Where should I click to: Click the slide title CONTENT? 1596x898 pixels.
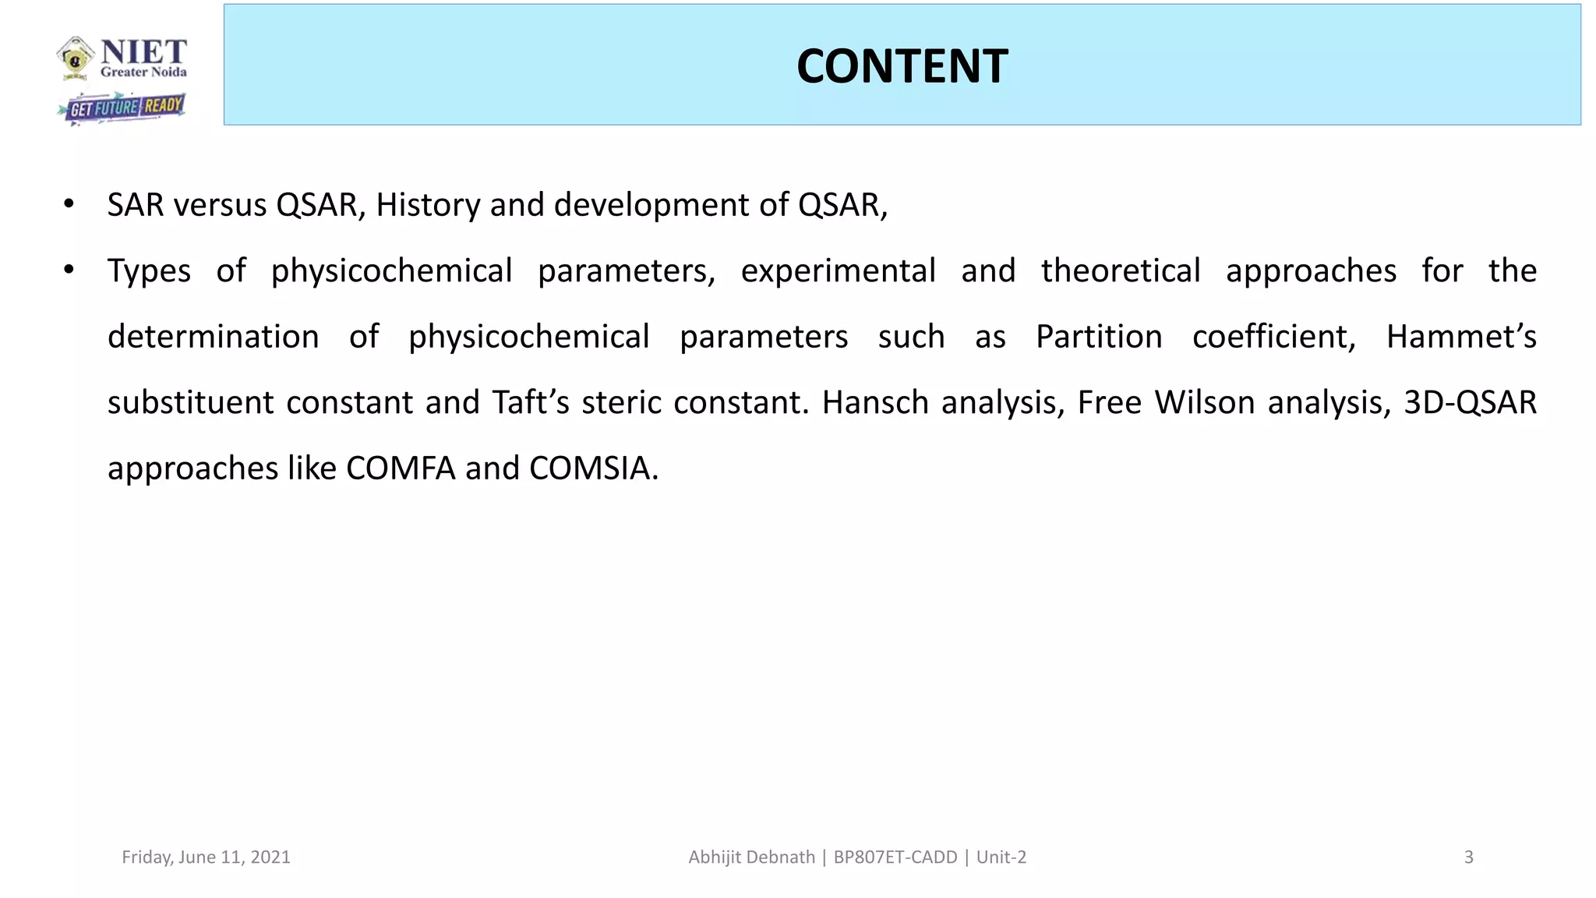click(x=902, y=66)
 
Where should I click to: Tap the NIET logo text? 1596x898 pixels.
click(x=143, y=53)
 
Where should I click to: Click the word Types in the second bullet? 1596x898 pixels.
click(x=149, y=271)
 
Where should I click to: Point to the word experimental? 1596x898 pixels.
click(x=838, y=271)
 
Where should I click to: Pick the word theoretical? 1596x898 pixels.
click(x=1120, y=271)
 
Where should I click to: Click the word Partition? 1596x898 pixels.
click(x=1099, y=337)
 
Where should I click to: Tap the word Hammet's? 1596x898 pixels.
click(x=1460, y=337)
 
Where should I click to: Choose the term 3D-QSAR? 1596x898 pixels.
click(x=1470, y=403)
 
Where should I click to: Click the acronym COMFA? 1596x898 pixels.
click(x=401, y=468)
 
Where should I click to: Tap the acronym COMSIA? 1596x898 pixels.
click(x=593, y=468)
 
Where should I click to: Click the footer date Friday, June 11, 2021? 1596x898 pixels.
click(x=206, y=857)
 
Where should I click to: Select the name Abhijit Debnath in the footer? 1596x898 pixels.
click(x=751, y=857)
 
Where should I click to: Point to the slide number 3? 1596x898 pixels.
click(x=1468, y=857)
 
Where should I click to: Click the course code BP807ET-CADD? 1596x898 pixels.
click(x=895, y=857)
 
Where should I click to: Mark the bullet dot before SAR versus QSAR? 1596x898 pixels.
click(x=69, y=205)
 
